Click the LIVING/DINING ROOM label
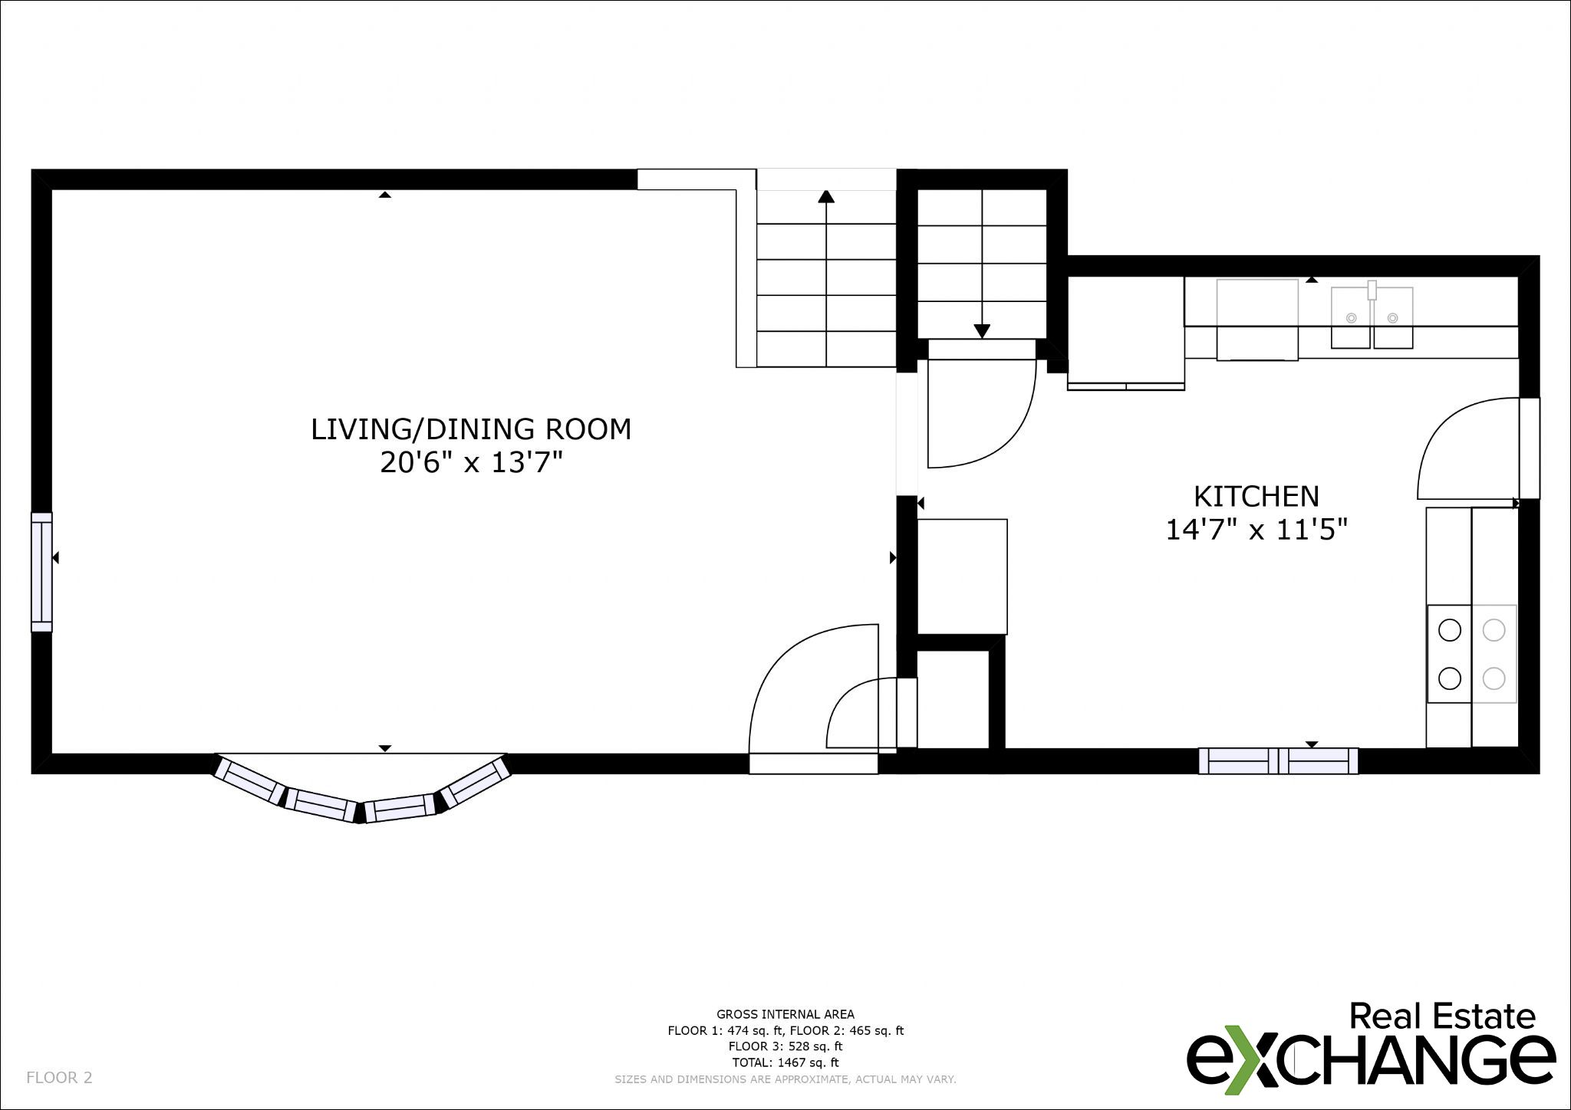pos(471,429)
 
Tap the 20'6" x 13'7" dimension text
pos(472,463)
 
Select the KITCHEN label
pos(1256,497)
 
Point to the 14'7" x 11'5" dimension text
pos(1256,530)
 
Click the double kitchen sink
pos(1372,317)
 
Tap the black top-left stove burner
pos(1450,630)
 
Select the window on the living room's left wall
pos(41,572)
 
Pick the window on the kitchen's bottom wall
pos(1278,760)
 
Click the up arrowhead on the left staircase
pos(826,196)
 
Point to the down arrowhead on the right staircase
pos(982,331)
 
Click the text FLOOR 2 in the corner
pos(59,1078)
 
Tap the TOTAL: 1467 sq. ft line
pos(785,1062)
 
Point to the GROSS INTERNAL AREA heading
pos(785,1014)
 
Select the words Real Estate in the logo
pos(1442,1016)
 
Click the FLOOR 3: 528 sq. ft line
pos(785,1046)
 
